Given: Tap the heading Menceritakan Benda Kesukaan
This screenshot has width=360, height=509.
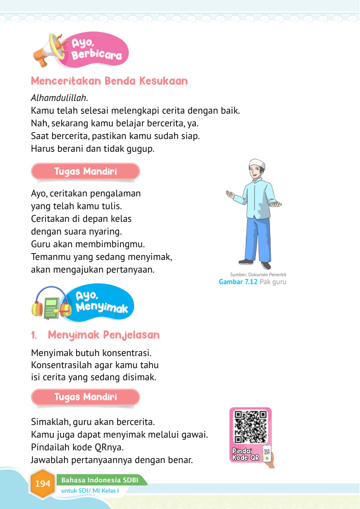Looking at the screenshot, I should point(109,81).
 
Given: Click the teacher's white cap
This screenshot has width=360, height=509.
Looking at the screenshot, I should point(257,164).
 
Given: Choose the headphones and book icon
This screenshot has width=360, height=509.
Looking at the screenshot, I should point(52,303).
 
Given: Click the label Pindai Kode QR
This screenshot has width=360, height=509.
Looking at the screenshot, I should point(245,455).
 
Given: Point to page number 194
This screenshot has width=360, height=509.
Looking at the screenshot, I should point(42,484).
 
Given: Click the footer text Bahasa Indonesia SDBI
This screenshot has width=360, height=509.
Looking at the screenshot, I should point(100,480).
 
